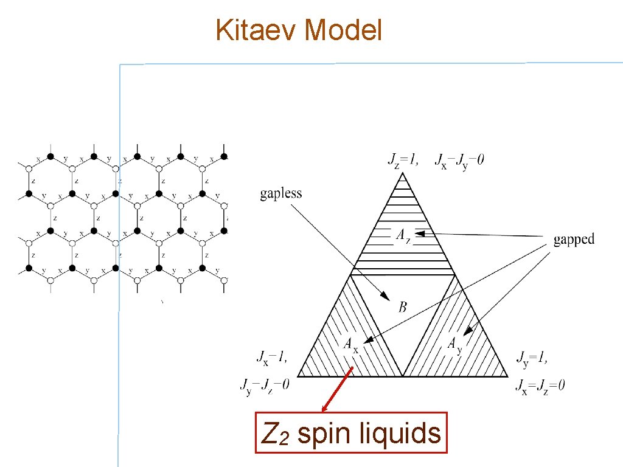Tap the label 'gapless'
point(281,194)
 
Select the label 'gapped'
point(573,239)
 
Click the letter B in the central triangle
point(403,307)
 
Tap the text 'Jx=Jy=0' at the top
point(460,161)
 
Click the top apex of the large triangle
point(402,173)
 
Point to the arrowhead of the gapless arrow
point(387,297)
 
